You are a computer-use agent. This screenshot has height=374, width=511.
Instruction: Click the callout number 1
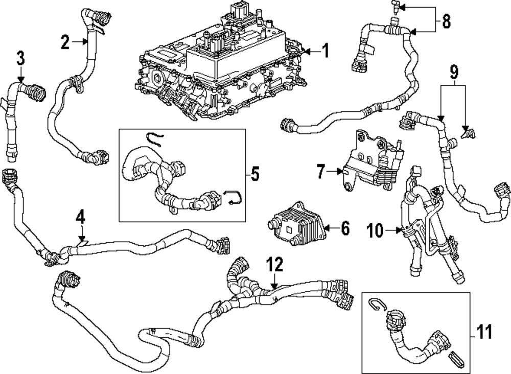pyautogui.click(x=325, y=51)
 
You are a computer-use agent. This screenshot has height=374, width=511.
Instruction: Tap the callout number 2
pyautogui.click(x=65, y=42)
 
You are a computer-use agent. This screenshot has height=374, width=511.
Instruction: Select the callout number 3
pyautogui.click(x=20, y=58)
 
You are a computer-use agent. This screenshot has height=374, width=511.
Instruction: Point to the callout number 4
pyautogui.click(x=80, y=217)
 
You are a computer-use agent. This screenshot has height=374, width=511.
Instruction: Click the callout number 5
pyautogui.click(x=254, y=174)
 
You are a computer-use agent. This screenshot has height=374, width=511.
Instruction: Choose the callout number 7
pyautogui.click(x=320, y=172)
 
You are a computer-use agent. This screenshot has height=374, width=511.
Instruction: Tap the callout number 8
pyautogui.click(x=446, y=21)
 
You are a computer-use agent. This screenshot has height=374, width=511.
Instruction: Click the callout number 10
pyautogui.click(x=375, y=230)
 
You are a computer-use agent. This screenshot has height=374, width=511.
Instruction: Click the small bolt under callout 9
pyautogui.click(x=466, y=134)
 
